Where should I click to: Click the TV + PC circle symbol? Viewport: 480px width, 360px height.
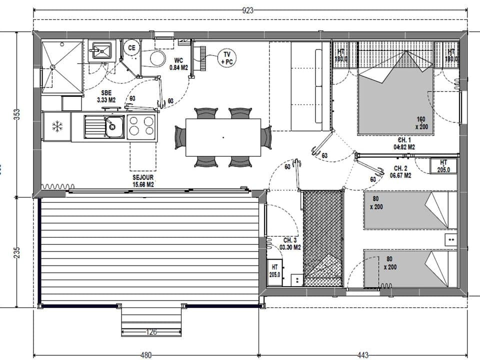(227, 58)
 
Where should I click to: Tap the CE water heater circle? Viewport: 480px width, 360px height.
(131, 48)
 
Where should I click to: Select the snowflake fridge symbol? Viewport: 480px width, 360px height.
(58, 126)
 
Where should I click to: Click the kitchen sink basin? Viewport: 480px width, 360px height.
(114, 126)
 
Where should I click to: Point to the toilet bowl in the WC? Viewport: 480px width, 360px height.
(157, 58)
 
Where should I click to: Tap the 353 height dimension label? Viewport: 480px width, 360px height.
(17, 114)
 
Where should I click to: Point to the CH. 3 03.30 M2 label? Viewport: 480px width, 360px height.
(290, 243)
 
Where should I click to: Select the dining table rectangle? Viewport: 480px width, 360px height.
(223, 137)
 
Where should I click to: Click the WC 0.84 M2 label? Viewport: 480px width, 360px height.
(178, 63)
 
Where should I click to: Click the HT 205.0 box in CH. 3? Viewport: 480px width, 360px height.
(274, 271)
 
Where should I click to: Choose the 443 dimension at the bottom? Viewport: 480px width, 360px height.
(363, 355)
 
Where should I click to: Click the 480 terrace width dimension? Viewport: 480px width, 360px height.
(145, 355)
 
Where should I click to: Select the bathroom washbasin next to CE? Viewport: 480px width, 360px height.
(101, 50)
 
